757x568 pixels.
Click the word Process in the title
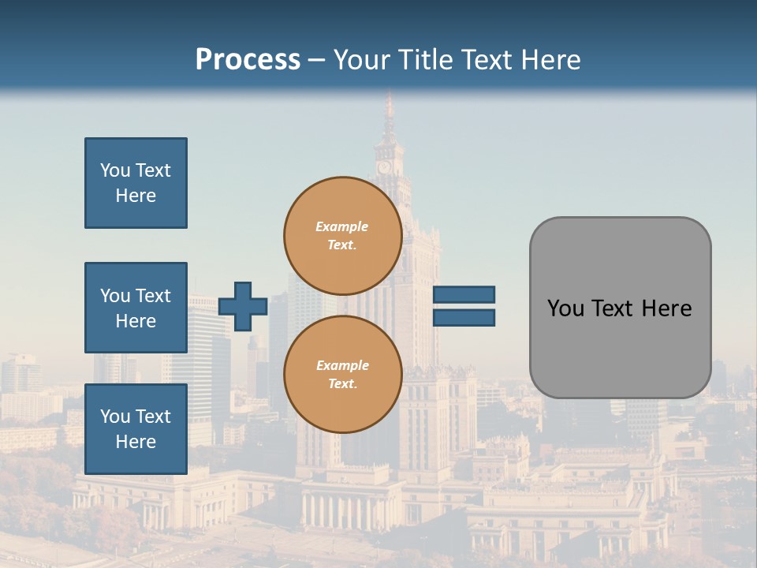[x=248, y=60]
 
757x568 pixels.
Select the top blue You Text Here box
[x=136, y=183]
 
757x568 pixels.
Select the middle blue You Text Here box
[x=136, y=308]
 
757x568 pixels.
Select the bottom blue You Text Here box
[x=136, y=429]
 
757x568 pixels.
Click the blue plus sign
[x=243, y=306]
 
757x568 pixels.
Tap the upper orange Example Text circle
[x=342, y=236]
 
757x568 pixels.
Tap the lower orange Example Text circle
[x=342, y=375]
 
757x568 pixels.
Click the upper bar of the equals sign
[x=464, y=294]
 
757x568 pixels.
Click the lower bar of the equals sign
[x=464, y=317]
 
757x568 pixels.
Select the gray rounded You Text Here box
[x=620, y=308]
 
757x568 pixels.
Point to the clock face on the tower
[x=384, y=167]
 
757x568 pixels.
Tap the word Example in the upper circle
[x=342, y=226]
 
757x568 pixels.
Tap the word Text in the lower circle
[x=342, y=384]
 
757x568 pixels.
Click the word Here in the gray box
[x=667, y=308]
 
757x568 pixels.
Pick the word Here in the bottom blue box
[x=136, y=442]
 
